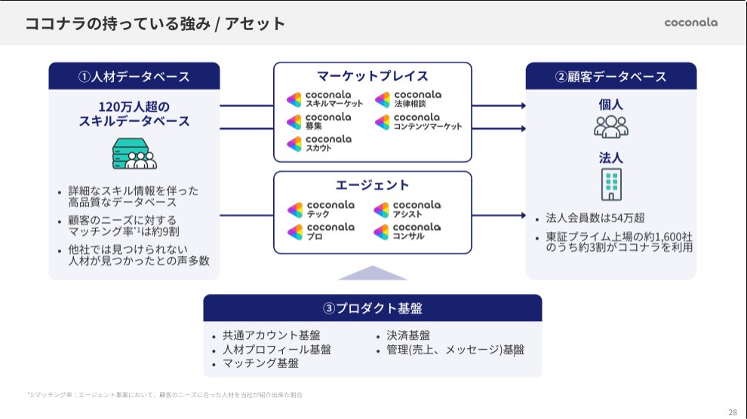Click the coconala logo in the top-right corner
[690, 23]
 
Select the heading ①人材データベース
[134, 77]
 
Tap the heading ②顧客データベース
[611, 77]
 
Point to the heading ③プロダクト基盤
[373, 308]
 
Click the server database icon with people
[134, 154]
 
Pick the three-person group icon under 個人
[611, 127]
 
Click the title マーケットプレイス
[373, 76]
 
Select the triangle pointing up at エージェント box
[373, 272]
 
